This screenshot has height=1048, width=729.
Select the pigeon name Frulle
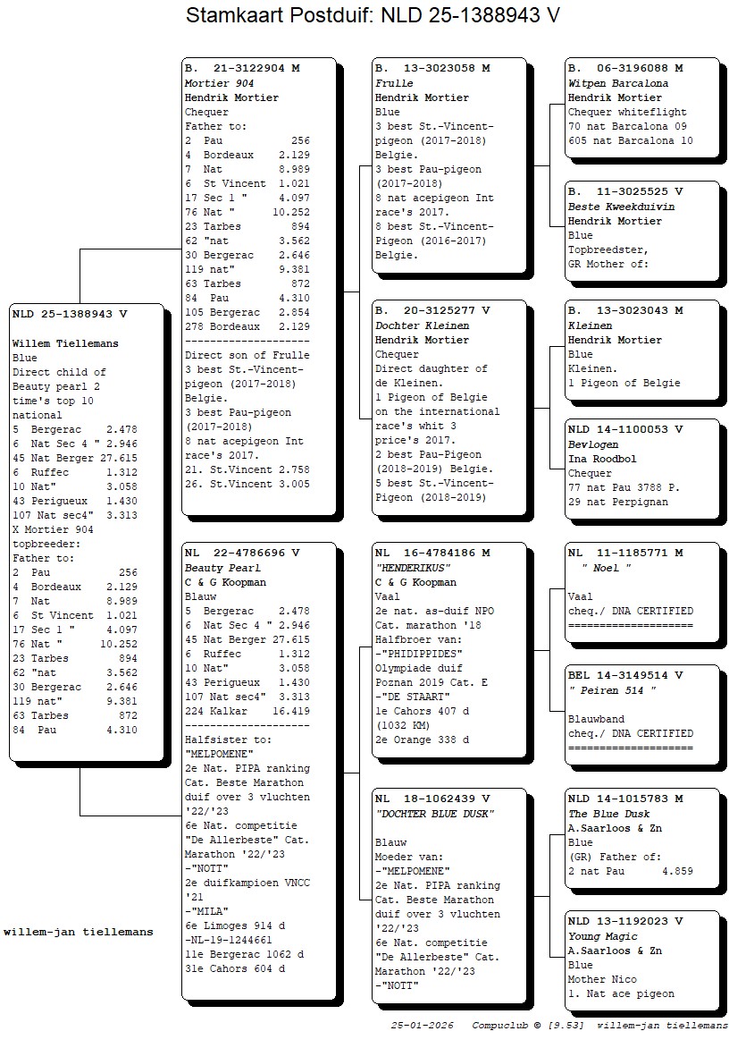click(394, 83)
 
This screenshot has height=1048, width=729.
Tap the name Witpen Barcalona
click(618, 83)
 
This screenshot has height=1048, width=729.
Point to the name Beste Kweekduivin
click(622, 207)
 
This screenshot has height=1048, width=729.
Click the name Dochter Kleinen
click(422, 325)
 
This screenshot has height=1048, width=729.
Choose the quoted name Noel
click(607, 568)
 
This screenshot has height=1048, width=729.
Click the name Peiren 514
click(612, 690)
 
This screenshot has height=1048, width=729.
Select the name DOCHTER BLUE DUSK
click(434, 814)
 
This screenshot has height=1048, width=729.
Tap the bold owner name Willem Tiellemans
click(65, 343)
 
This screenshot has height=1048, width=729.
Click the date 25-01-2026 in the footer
click(422, 1026)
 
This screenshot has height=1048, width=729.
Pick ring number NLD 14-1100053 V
click(625, 429)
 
